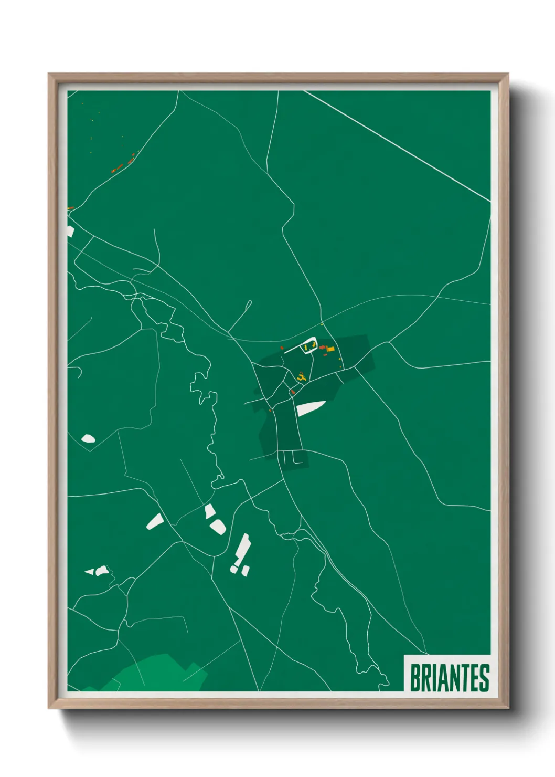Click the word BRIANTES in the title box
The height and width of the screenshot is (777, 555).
point(449,678)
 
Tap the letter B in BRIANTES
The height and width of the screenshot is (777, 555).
point(414,678)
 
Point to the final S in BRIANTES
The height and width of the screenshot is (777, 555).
point(484,678)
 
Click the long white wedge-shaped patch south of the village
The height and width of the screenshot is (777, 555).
point(310,408)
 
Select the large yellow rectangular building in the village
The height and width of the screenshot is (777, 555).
point(330,349)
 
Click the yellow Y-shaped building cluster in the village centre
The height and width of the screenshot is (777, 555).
point(301,376)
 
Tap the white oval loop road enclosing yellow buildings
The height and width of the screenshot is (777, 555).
point(308,345)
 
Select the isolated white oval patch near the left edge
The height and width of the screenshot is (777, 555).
point(88,438)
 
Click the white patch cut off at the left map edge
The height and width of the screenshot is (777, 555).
point(70,232)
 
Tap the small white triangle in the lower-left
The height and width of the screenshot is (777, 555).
point(89,571)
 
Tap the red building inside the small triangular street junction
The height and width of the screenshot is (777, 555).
point(292,392)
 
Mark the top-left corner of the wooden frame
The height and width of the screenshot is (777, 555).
point(49,74)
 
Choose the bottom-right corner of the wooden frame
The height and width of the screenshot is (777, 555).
point(508,709)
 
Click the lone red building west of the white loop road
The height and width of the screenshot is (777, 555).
point(282,348)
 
